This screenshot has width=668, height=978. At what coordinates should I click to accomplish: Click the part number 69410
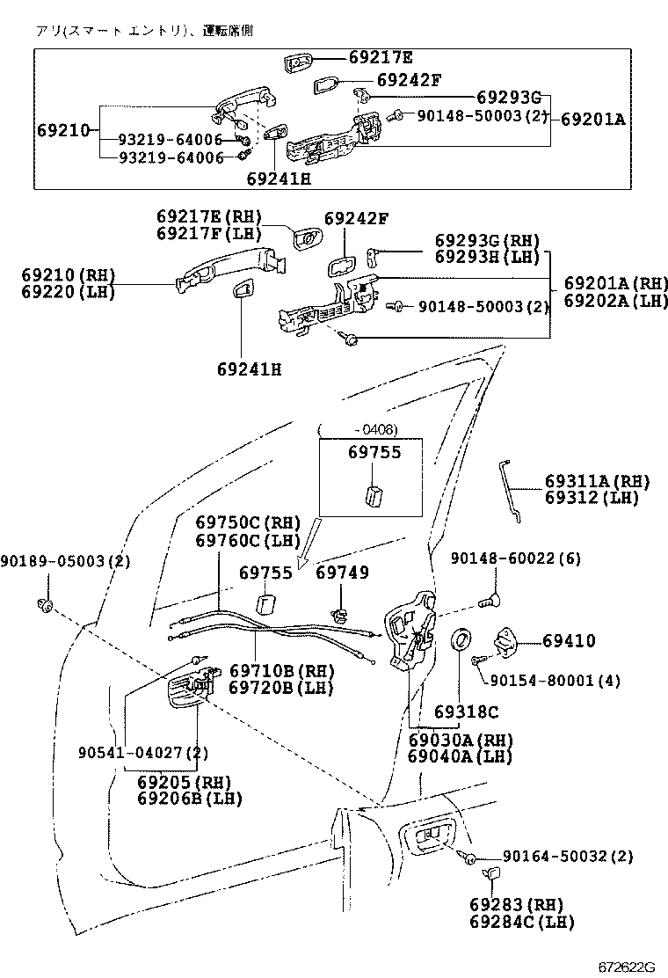point(569,641)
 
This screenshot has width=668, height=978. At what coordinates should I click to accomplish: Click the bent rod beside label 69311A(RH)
point(510,493)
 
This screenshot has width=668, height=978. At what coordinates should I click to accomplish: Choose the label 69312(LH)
point(592,497)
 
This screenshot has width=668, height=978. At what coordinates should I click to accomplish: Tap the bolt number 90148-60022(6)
point(516,558)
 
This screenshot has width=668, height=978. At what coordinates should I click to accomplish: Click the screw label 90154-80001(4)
point(555,680)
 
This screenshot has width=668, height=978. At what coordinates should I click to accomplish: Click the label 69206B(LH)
point(189,798)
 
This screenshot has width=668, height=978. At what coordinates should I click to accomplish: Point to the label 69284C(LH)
point(521,921)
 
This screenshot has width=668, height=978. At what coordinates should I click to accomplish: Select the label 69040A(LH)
point(460,755)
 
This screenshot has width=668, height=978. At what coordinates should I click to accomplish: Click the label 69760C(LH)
point(248,539)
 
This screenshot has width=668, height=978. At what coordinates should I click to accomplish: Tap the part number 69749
point(343,573)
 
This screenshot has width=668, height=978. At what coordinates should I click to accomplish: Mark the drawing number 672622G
point(628,967)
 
